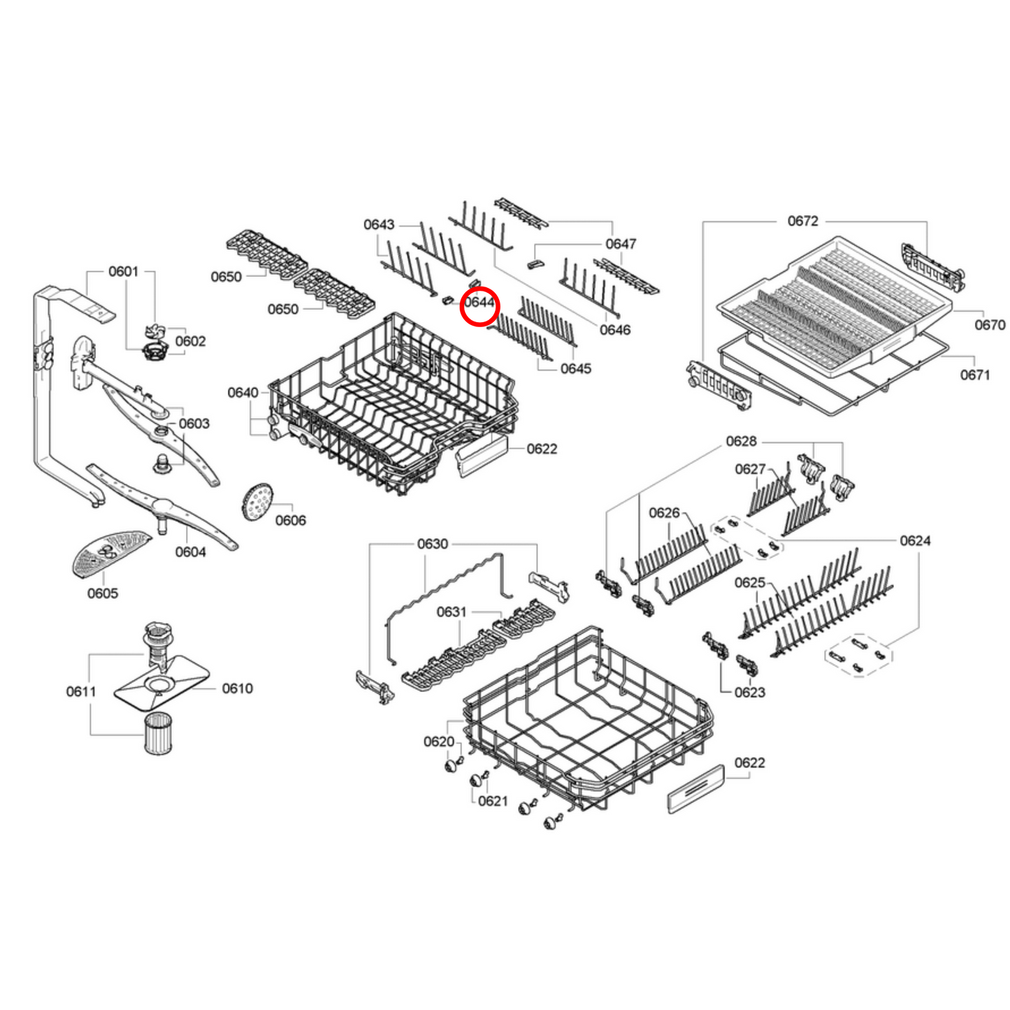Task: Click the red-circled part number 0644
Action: point(479,303)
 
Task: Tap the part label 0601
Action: point(123,271)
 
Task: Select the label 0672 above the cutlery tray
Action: point(802,221)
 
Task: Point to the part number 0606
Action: point(290,520)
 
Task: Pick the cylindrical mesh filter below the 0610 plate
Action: point(158,733)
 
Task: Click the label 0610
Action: point(237,688)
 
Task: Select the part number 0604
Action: point(190,552)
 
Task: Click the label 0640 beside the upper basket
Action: point(243,393)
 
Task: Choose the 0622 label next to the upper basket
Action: point(542,449)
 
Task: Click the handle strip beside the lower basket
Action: point(696,789)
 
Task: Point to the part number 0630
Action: point(432,544)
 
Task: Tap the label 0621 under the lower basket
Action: point(493,801)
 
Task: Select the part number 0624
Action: point(915,541)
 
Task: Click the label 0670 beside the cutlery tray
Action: point(990,324)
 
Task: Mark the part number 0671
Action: point(975,375)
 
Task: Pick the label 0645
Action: point(575,368)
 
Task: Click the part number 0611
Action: point(80,691)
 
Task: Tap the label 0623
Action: point(749,692)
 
